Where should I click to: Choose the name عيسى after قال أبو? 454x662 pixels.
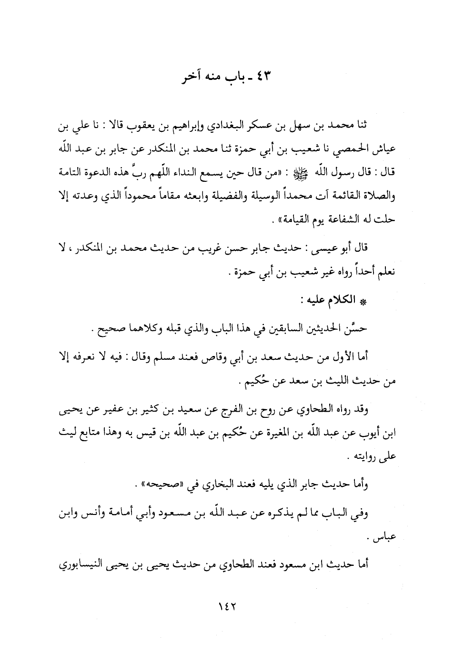pyautogui.click(x=324, y=248)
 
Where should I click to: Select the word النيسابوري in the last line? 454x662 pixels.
pyautogui.click(x=91, y=563)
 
